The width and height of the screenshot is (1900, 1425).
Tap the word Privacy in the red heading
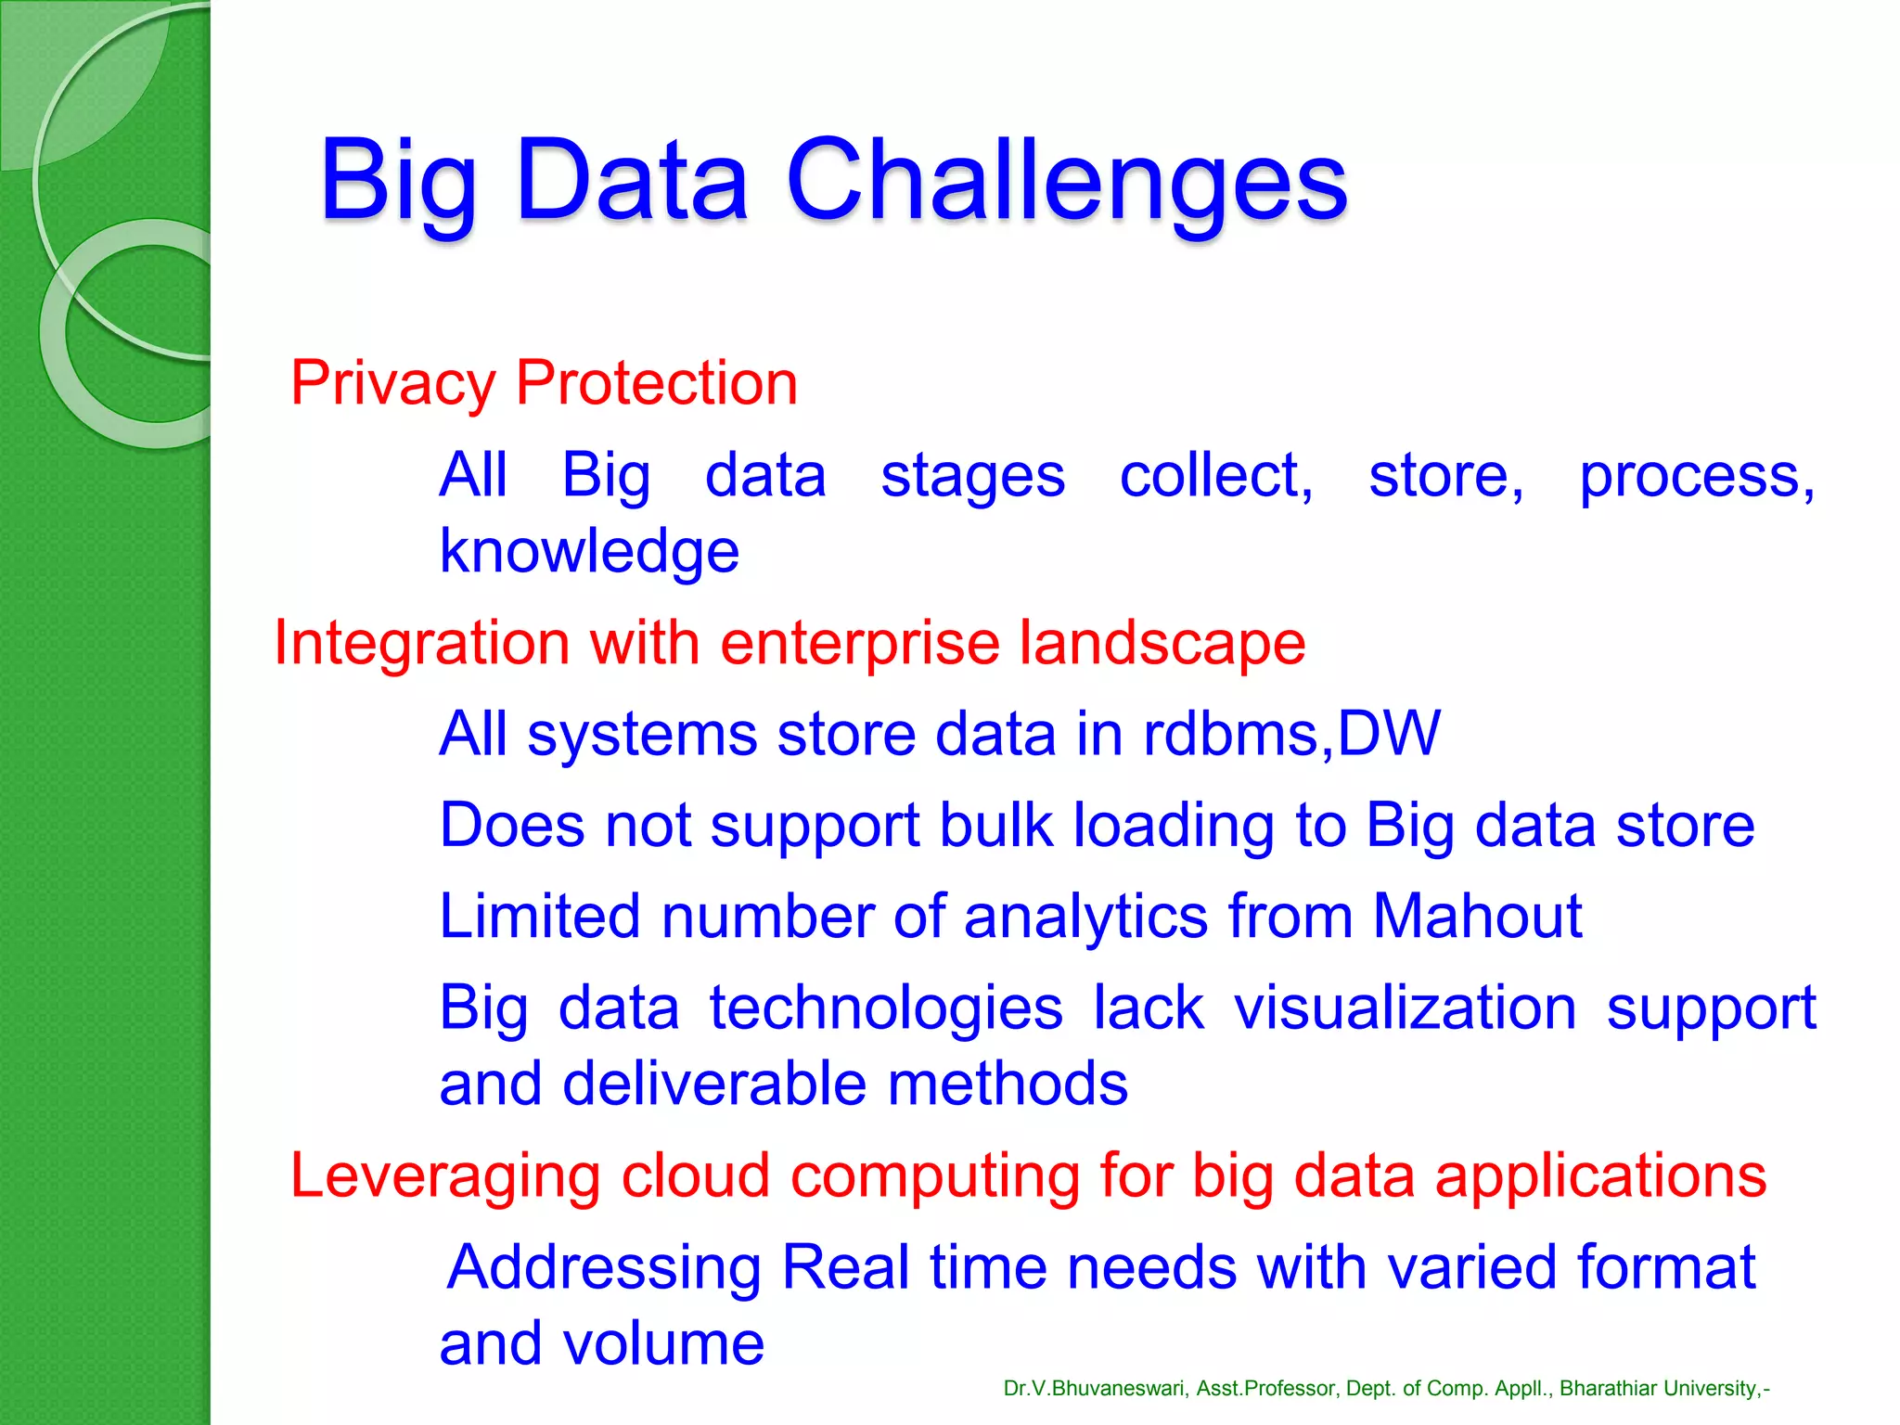pyautogui.click(x=392, y=384)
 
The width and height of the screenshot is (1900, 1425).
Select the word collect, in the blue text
pyautogui.click(x=1216, y=477)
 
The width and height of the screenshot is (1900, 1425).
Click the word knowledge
pyautogui.click(x=589, y=552)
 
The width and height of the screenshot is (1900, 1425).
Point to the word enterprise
pyautogui.click(x=859, y=644)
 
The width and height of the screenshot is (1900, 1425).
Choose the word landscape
pyautogui.click(x=1162, y=644)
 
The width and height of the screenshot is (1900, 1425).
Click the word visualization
pyautogui.click(x=1405, y=1008)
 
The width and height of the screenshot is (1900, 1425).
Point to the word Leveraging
pyautogui.click(x=445, y=1176)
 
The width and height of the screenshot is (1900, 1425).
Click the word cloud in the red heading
pyautogui.click(x=695, y=1176)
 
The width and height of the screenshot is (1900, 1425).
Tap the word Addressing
pyautogui.click(x=604, y=1268)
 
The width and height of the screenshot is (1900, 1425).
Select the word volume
pyautogui.click(x=662, y=1344)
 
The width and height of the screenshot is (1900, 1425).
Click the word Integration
pyautogui.click(x=421, y=644)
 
